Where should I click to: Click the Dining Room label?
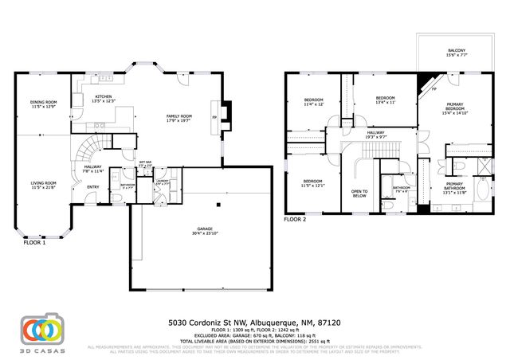coord(44,104)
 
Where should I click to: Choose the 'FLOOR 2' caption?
coord(296,220)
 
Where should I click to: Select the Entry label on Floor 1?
coord(93,187)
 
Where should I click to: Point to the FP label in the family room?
coord(214,117)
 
